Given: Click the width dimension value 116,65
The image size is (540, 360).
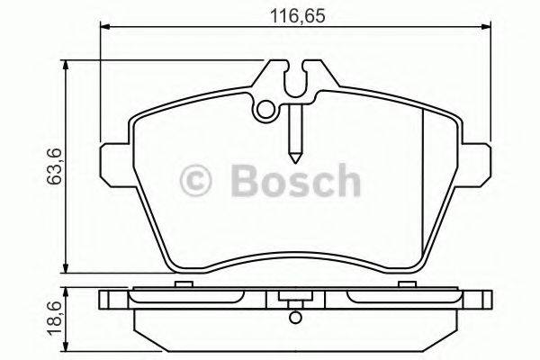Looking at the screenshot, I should pos(293,16).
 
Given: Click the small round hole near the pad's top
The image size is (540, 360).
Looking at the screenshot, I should pos(265,111).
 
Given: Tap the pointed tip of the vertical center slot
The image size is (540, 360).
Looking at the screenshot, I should pos(294,150).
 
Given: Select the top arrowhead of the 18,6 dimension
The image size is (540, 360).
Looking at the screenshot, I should pos(66,293).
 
